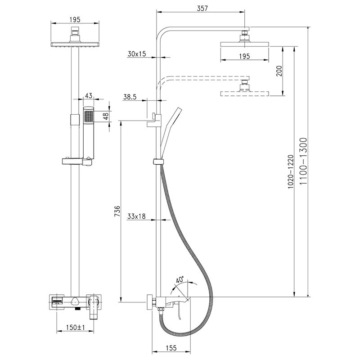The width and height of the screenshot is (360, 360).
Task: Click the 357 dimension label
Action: pyautogui.click(x=202, y=8)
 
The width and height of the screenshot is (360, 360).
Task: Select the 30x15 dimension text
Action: pyautogui.click(x=137, y=54)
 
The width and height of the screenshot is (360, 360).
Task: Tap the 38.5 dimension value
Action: pyautogui.click(x=130, y=97)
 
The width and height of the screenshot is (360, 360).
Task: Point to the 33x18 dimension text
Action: pyautogui.click(x=136, y=216)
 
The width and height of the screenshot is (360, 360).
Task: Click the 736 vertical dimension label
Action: pyautogui.click(x=117, y=211)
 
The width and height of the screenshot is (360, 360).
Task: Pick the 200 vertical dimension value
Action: pyautogui.click(x=279, y=71)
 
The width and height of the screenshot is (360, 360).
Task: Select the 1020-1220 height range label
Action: pyautogui.click(x=291, y=172)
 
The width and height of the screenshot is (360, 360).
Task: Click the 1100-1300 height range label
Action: pyautogui.click(x=303, y=161)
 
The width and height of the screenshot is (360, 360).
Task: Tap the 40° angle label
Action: pyautogui.click(x=180, y=279)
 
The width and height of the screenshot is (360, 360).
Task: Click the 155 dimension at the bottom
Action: pyautogui.click(x=171, y=348)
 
